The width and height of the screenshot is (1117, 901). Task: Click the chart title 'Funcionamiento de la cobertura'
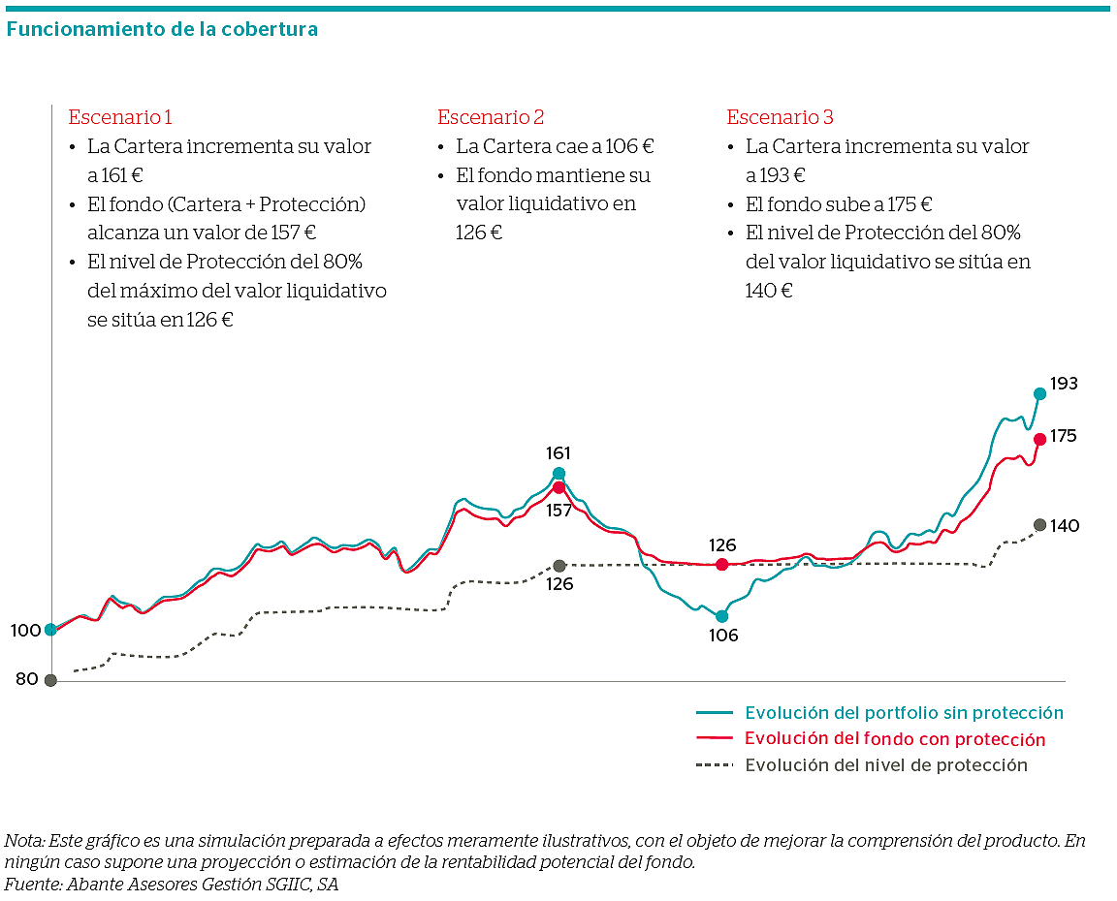click(x=162, y=29)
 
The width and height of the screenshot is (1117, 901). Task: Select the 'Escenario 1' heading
click(x=120, y=117)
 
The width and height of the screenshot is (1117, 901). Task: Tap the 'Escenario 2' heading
click(x=491, y=117)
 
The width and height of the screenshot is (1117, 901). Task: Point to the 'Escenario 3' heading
click(x=780, y=117)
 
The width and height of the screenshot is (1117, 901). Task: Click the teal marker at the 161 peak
click(x=558, y=474)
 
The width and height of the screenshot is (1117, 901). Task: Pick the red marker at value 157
click(x=558, y=487)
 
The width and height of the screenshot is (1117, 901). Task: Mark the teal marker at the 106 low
click(x=721, y=615)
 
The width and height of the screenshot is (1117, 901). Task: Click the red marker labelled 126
click(x=721, y=565)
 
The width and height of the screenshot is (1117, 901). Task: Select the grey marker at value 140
click(x=1039, y=525)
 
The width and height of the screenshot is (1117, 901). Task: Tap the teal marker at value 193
click(x=1039, y=393)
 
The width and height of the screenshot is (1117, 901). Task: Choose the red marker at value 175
click(x=1039, y=439)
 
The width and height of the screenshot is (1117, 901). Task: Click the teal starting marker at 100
click(x=50, y=630)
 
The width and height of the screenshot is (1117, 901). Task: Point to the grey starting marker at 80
click(x=50, y=680)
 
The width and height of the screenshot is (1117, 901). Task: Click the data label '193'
click(x=1064, y=384)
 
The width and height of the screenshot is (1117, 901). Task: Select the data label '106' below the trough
click(x=723, y=637)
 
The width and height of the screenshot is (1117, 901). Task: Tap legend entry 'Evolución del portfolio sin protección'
click(x=904, y=713)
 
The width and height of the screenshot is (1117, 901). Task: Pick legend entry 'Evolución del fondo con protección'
click(x=895, y=739)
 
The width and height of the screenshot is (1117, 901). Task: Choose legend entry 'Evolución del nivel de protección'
click(x=885, y=765)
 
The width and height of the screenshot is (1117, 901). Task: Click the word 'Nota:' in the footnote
click(x=24, y=840)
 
